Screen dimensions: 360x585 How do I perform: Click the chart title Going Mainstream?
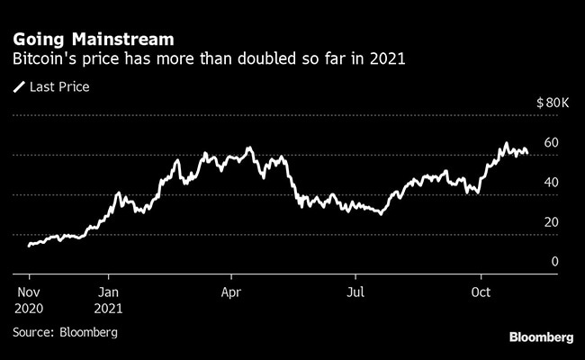pos(94,40)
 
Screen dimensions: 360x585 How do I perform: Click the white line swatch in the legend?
pos(20,87)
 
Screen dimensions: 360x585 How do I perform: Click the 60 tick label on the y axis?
pos(553,143)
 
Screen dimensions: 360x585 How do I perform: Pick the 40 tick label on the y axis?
pos(553,183)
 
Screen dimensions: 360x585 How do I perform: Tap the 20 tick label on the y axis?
pos(553,222)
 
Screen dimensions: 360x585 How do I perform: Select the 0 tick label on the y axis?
pos(555,262)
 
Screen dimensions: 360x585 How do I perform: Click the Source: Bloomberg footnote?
pos(66,332)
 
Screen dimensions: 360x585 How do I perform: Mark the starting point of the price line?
pos(29,245)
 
